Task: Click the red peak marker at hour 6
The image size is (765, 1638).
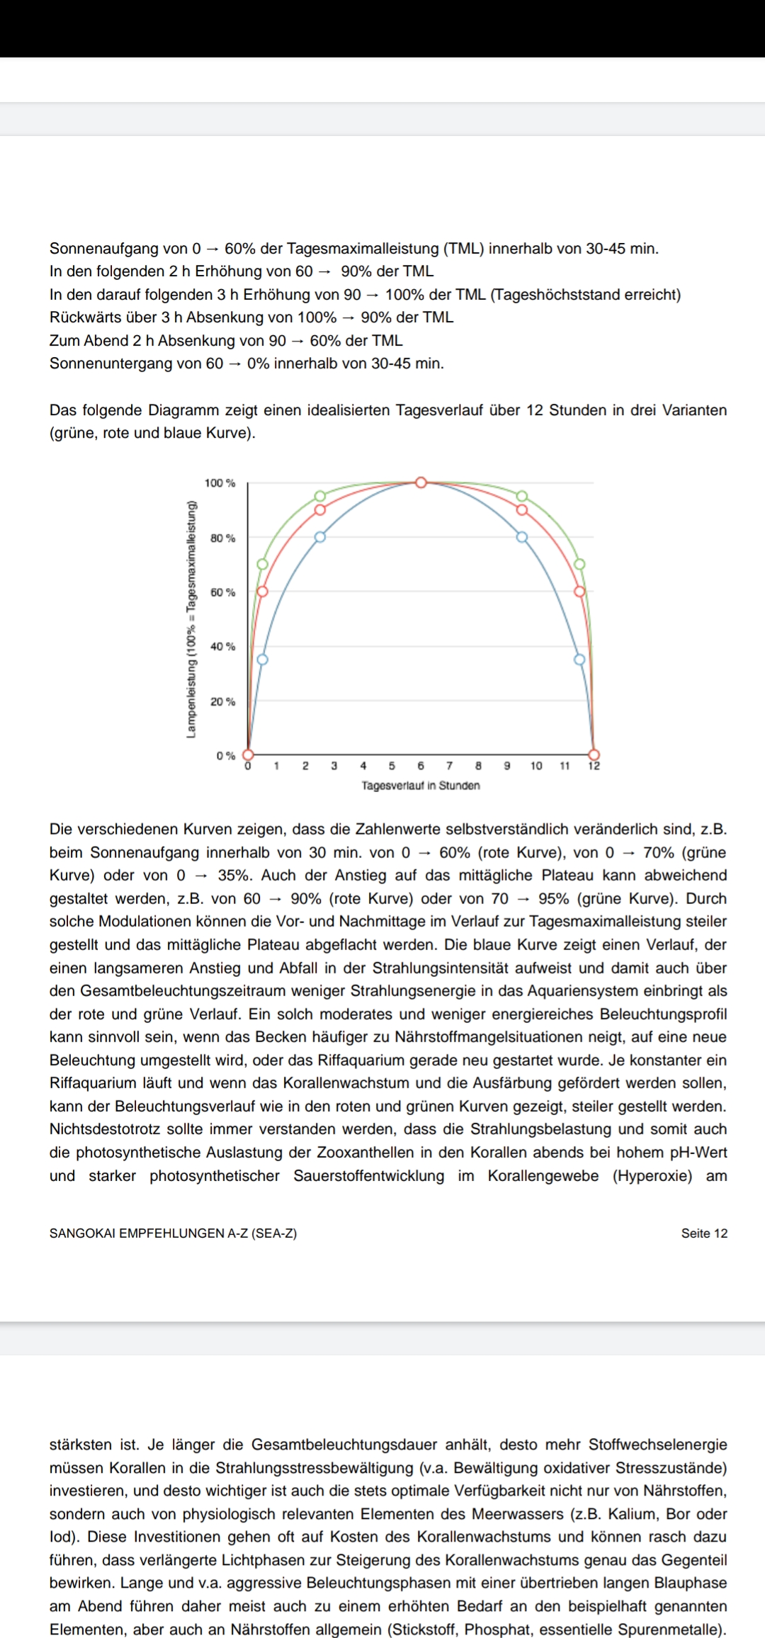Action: tap(421, 482)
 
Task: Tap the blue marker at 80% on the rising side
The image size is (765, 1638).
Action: tap(319, 537)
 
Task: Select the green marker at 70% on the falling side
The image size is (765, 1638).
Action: tap(579, 564)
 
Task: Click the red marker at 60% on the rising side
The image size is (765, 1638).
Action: tap(262, 591)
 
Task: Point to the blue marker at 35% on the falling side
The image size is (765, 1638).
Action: tap(579, 660)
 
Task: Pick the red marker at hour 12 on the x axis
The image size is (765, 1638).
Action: tap(594, 755)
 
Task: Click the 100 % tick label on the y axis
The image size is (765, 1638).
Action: tap(220, 483)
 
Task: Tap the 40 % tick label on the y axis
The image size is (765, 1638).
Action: tap(222, 647)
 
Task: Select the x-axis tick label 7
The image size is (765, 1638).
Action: tap(450, 766)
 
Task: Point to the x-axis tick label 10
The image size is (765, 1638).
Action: tap(536, 766)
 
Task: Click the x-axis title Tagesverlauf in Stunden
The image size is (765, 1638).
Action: tap(421, 786)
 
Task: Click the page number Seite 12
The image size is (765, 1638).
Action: tap(704, 1233)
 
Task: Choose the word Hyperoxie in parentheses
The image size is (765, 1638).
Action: tap(652, 1176)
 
